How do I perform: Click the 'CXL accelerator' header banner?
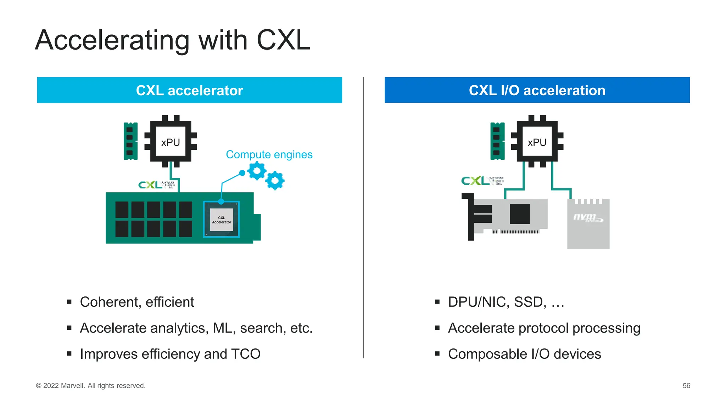tap(189, 90)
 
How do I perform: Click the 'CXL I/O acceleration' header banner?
tap(537, 90)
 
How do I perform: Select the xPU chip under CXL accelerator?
tap(171, 142)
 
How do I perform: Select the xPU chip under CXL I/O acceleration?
tap(537, 142)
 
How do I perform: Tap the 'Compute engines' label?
tap(269, 155)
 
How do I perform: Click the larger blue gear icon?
tap(257, 171)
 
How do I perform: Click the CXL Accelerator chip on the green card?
tap(222, 220)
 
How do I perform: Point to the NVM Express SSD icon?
tap(588, 224)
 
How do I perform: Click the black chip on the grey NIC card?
tap(519, 214)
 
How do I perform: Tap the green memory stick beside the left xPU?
tap(130, 141)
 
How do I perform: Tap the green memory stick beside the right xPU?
tap(497, 141)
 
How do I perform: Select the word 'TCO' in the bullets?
tap(246, 354)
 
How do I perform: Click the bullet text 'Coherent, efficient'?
tap(137, 302)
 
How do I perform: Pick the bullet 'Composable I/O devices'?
tap(524, 354)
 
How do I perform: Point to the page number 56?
tap(686, 386)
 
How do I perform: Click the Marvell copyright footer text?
tap(91, 386)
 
